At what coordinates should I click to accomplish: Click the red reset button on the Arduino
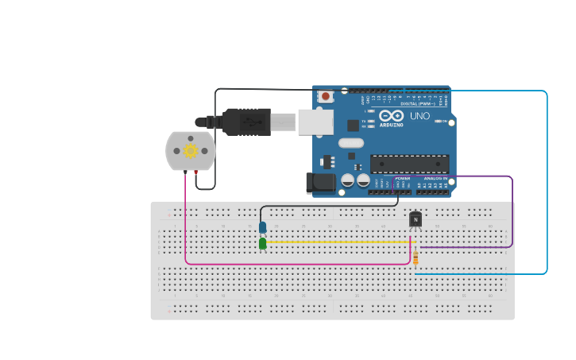tap(325, 96)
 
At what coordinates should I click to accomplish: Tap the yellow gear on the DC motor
tap(190, 150)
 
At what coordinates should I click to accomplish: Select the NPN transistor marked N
tap(415, 219)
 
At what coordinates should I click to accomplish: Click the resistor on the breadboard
tap(416, 257)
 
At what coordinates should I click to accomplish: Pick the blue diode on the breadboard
tap(262, 227)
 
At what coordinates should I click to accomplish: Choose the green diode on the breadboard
tap(262, 243)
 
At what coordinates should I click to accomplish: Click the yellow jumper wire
tap(334, 242)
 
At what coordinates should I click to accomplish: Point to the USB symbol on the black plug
tap(253, 122)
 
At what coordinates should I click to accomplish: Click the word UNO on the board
tap(419, 116)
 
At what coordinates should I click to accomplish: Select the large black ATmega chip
tap(409, 164)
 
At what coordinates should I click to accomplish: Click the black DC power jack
tap(321, 183)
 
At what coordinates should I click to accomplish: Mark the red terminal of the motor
tap(196, 172)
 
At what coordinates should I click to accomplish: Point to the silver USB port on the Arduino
tap(315, 122)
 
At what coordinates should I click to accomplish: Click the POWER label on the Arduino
tap(403, 179)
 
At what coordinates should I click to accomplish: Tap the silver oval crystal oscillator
tap(350, 144)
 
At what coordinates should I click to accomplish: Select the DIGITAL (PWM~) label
tap(418, 103)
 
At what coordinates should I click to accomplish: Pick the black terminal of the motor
tap(185, 172)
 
